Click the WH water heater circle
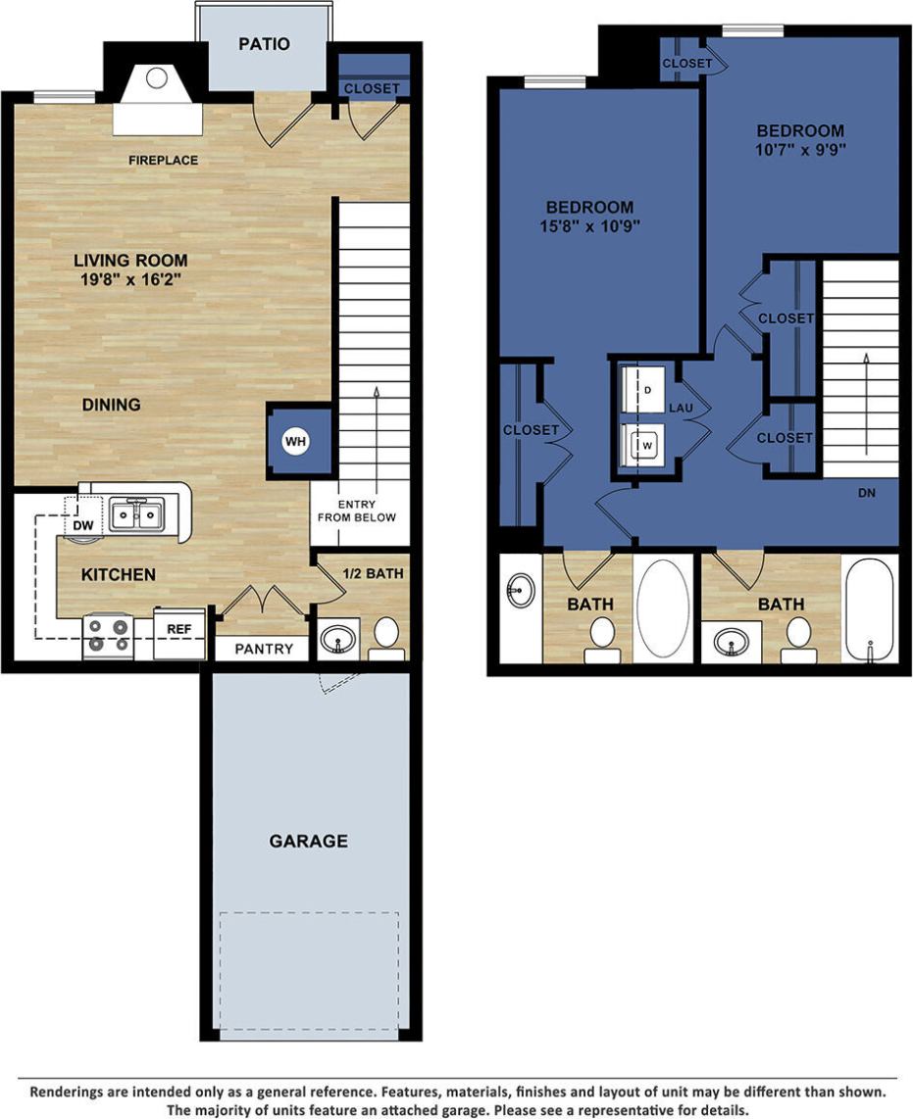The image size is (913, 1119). point(296,442)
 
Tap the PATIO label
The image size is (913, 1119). point(264,44)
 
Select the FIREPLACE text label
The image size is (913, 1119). point(163,160)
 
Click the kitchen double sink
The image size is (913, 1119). point(136,513)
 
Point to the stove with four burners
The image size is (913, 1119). point(108,635)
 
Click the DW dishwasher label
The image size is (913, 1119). point(83,526)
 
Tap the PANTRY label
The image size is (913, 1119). point(264,649)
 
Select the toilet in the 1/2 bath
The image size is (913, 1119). point(386,636)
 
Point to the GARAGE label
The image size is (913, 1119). point(309,841)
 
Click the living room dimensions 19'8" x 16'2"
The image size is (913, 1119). point(130,278)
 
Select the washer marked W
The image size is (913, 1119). point(647,445)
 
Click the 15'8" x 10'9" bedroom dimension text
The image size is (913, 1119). point(589,226)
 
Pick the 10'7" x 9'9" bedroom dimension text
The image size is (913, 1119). point(799,150)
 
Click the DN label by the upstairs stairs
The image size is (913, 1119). point(866,493)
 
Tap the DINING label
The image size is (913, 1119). point(111,404)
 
